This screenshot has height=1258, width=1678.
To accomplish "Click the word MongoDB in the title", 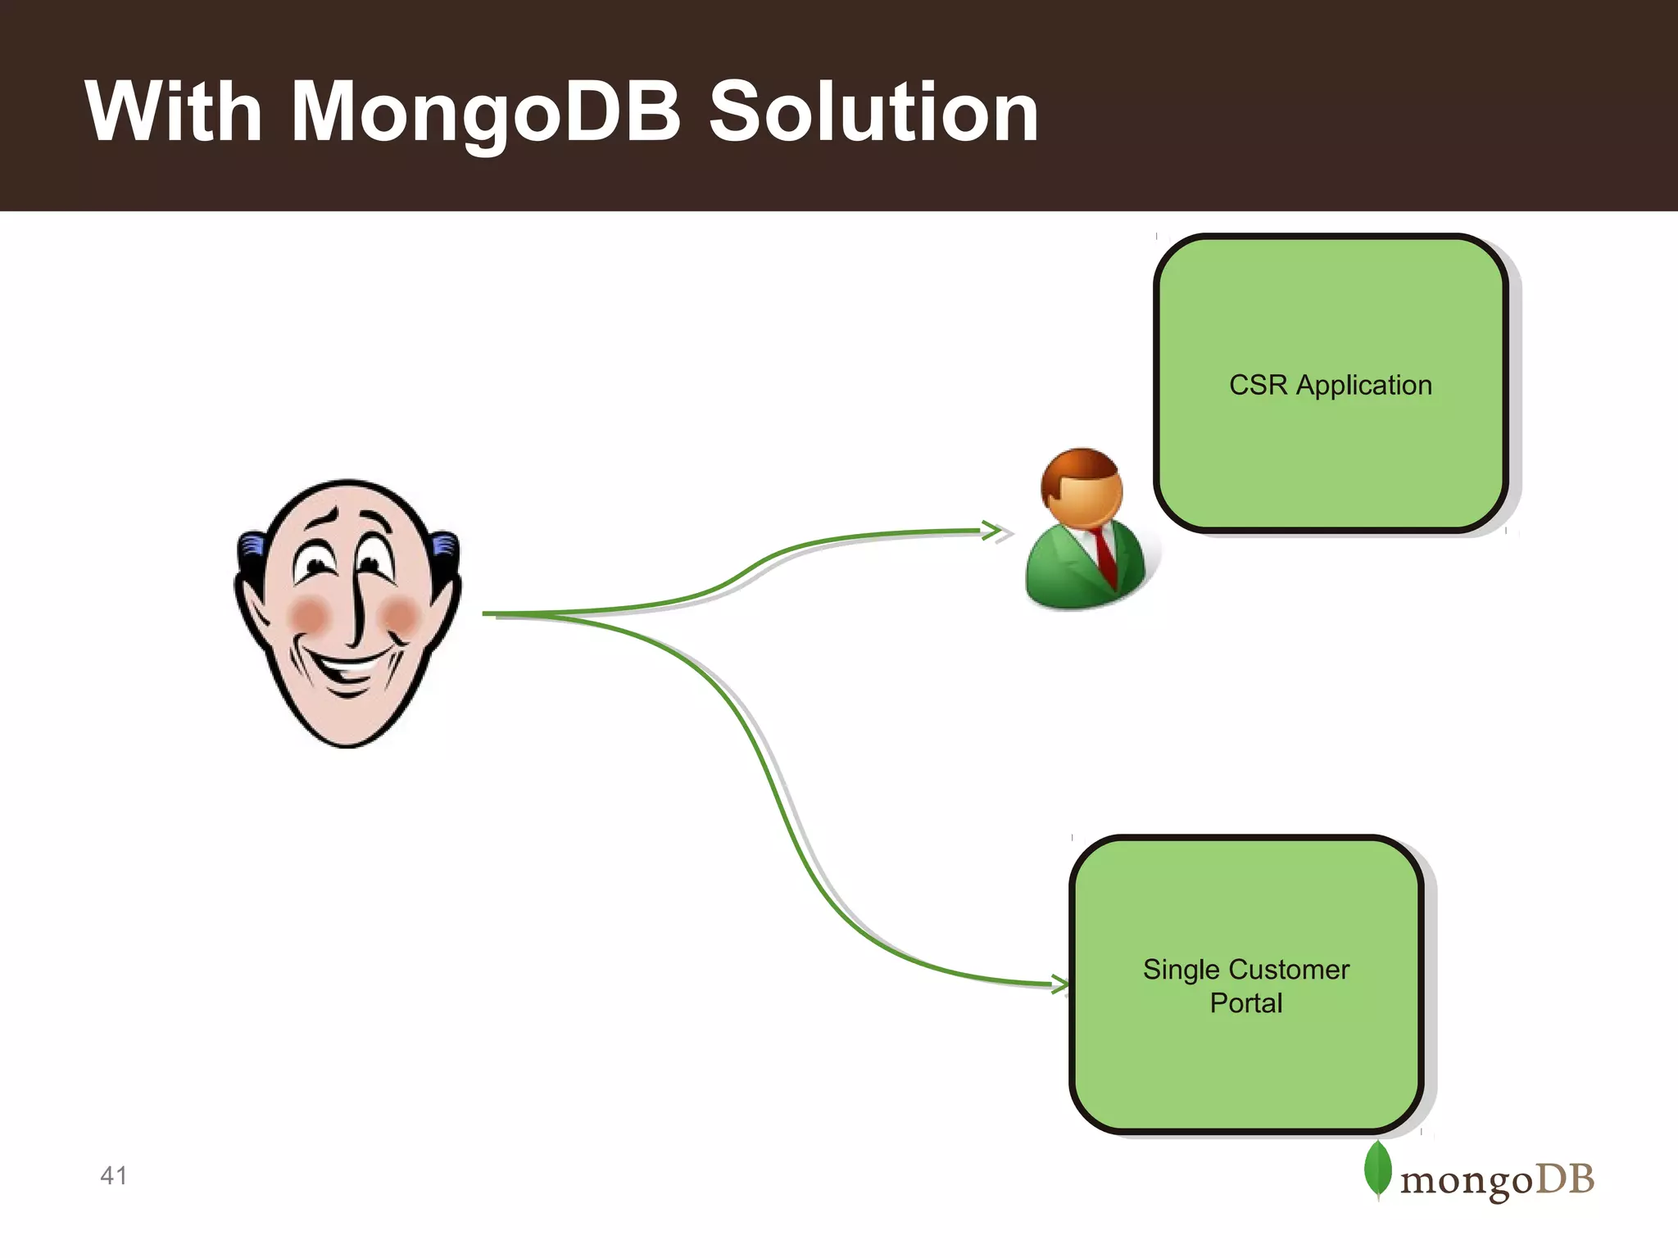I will (485, 112).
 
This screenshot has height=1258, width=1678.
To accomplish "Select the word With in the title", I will (173, 112).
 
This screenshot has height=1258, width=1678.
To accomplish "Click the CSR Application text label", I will (1330, 385).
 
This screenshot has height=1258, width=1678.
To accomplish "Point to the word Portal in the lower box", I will (1245, 1003).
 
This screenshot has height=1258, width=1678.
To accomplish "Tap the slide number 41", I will (113, 1176).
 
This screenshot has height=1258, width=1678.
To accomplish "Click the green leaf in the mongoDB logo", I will (1377, 1170).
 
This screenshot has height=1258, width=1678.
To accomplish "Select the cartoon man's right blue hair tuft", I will (445, 544).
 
